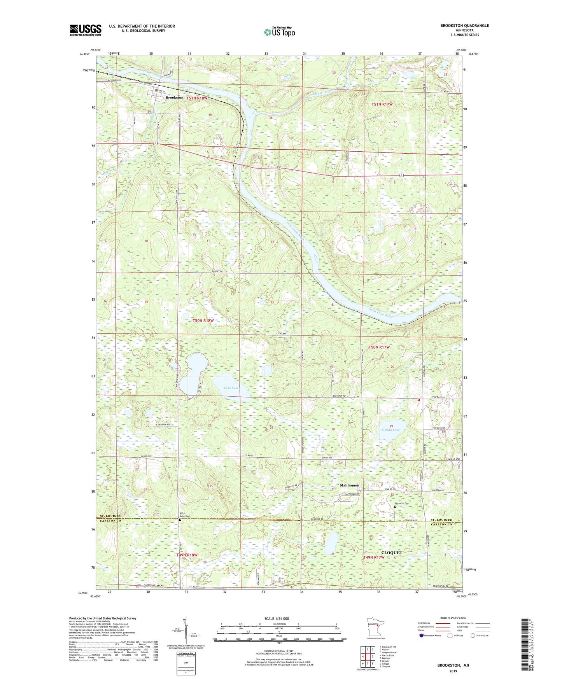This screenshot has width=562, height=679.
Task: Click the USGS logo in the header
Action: (86, 30)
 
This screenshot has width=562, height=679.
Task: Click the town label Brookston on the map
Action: (174, 98)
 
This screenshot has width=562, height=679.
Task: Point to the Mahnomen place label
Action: (349, 485)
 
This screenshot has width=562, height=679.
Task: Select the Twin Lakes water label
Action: (231, 388)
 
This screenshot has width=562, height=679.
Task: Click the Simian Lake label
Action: (390, 430)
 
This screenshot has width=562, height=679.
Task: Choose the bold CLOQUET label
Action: (391, 553)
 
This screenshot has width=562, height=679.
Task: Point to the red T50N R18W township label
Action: (203, 320)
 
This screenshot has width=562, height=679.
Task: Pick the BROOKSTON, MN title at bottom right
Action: (453, 665)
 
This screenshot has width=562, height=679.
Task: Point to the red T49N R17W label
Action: (374, 557)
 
